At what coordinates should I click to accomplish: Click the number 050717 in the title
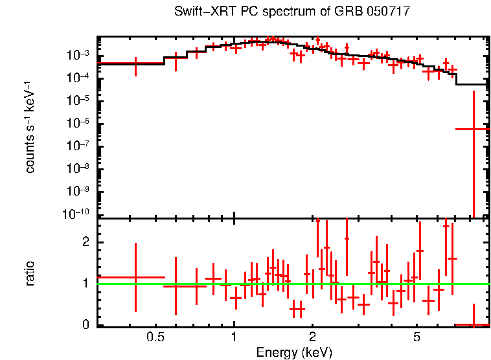pos(388,12)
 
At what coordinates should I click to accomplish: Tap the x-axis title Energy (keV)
pos(294,352)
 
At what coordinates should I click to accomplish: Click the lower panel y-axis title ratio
pos(30,273)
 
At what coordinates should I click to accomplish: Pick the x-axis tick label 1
pos(234,337)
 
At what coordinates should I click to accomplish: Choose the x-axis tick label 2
pos(312,337)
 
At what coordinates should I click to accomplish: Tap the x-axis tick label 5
pos(417,337)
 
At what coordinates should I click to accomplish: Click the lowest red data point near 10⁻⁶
pos(474,129)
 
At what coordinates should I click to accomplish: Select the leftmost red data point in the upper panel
pos(135,63)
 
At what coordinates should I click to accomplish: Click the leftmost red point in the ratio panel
pos(135,277)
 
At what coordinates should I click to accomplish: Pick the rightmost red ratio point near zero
pos(474,324)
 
